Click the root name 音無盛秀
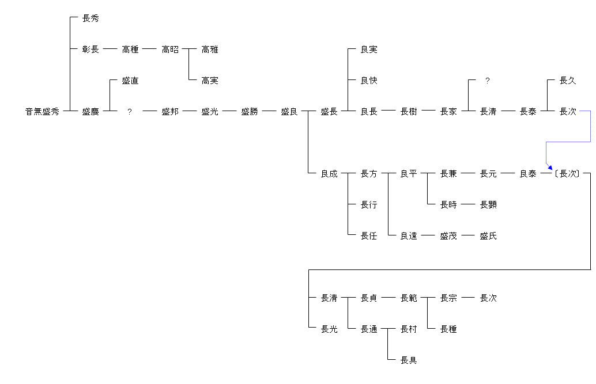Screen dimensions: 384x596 pyautogui.click(x=42, y=112)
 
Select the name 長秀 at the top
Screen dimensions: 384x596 pyautogui.click(x=90, y=18)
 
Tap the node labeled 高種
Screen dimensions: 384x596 pyautogui.click(x=130, y=50)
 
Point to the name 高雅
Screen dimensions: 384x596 pyautogui.click(x=210, y=50)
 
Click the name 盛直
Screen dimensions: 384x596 pyautogui.click(x=130, y=81)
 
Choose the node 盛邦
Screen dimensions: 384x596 pyautogui.click(x=170, y=112)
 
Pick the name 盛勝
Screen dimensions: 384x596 pyautogui.click(x=250, y=112)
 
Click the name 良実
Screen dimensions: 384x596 pyautogui.click(x=369, y=50)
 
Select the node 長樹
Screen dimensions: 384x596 pyautogui.click(x=409, y=112)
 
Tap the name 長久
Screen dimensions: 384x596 pyautogui.click(x=568, y=81)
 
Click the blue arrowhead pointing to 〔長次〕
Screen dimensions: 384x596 pyautogui.click(x=549, y=167)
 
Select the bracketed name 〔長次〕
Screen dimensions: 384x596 pyautogui.click(x=568, y=174)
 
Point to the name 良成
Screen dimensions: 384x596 pyautogui.click(x=329, y=174)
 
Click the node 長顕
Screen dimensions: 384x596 pyautogui.click(x=488, y=205)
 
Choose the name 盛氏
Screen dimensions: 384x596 pyautogui.click(x=488, y=236)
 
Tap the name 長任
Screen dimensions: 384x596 pyautogui.click(x=369, y=236)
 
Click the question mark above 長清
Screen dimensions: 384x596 pyautogui.click(x=488, y=81)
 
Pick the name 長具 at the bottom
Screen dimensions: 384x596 pyautogui.click(x=409, y=360)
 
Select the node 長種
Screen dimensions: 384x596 pyautogui.click(x=448, y=329)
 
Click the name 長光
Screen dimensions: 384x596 pyautogui.click(x=329, y=329)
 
